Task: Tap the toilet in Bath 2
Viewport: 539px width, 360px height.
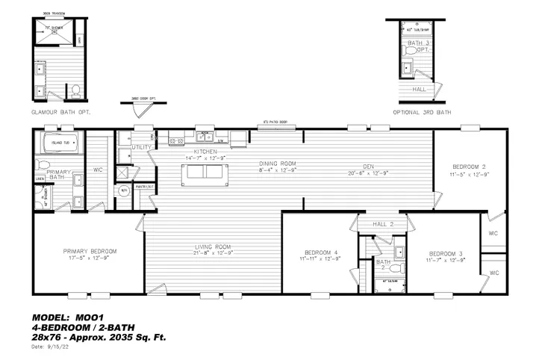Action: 398,267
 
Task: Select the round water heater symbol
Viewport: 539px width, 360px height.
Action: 125,191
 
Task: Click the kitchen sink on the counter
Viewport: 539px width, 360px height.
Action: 203,138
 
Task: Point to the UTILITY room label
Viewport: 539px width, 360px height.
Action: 141,148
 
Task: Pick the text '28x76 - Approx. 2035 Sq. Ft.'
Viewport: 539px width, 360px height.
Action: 99,337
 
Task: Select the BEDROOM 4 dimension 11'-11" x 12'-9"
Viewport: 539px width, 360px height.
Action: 317,259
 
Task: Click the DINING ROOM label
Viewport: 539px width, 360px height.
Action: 278,164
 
